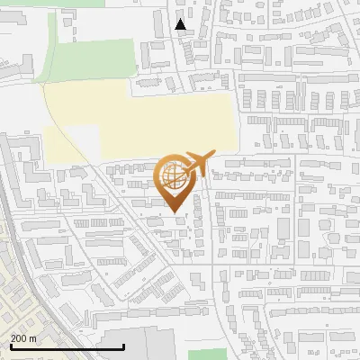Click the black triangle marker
coord(181,24)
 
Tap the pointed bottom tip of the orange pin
coord(175,212)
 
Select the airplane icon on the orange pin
coord(196,164)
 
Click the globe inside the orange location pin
coord(175,177)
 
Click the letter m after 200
coord(33,337)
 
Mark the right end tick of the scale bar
coord(123,346)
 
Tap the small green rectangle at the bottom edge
coord(207,353)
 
